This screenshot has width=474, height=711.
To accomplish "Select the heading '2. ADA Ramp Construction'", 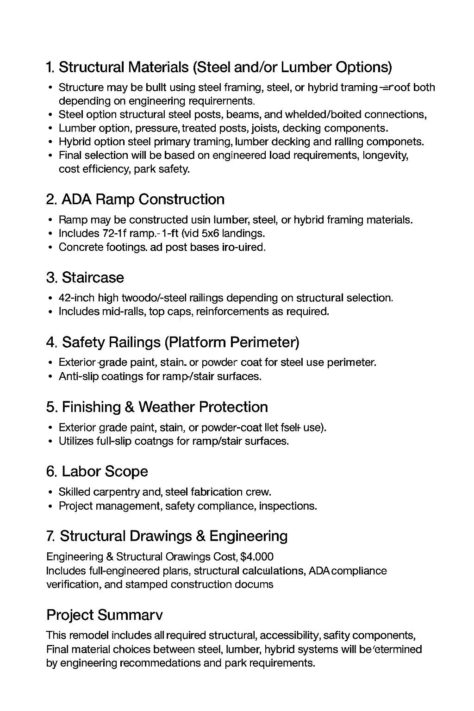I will tap(135, 200).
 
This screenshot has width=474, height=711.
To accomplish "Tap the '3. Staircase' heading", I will tap(85, 278).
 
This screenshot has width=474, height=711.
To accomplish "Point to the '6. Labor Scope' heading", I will tap(97, 472).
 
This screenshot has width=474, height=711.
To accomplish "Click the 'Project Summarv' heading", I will tap(105, 615).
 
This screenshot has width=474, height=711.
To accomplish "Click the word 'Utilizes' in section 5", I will tap(76, 441).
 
